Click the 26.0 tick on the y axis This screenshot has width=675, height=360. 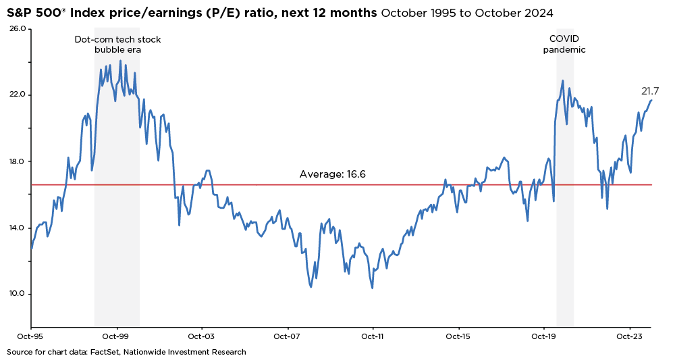pyautogui.click(x=18, y=29)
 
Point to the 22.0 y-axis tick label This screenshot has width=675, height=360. pyautogui.click(x=18, y=95)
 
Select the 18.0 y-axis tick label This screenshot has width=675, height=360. pyautogui.click(x=18, y=161)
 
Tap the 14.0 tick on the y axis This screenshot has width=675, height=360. pyautogui.click(x=18, y=228)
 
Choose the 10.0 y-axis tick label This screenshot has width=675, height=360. pyautogui.click(x=18, y=294)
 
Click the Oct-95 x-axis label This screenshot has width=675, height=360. pyautogui.click(x=30, y=336)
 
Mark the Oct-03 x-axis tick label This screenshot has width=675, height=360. pyautogui.click(x=201, y=336)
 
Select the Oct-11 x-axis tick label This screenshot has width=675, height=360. pyautogui.click(x=373, y=336)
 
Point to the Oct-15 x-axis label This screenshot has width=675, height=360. pyautogui.click(x=458, y=336)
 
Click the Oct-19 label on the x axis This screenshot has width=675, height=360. pyautogui.click(x=544, y=336)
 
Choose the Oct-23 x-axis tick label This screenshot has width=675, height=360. pyautogui.click(x=629, y=336)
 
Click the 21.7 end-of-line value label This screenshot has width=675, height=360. pyautogui.click(x=649, y=91)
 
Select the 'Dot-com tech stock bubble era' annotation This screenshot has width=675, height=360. pyautogui.click(x=117, y=45)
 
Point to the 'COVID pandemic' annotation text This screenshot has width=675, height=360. pyautogui.click(x=564, y=45)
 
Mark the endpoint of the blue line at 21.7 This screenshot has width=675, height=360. pyautogui.click(x=651, y=101)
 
